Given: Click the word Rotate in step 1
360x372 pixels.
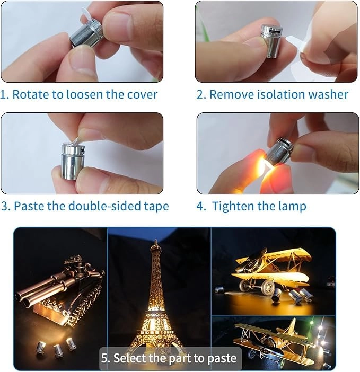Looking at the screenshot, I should (x=29, y=95).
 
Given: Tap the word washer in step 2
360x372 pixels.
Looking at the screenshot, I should (x=329, y=95).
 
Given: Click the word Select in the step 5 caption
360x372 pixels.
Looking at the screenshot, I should (x=130, y=358).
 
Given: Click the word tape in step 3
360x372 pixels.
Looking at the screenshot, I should (x=155, y=206).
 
